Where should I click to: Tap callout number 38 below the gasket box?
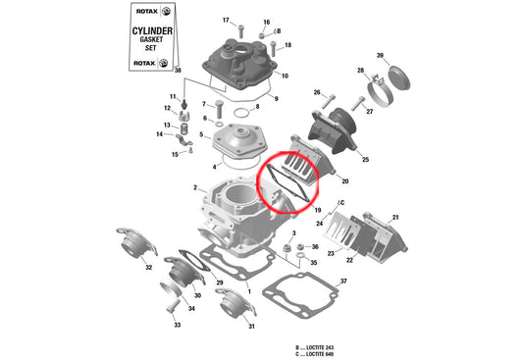pos(177,72)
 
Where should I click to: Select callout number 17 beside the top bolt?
pos(225,21)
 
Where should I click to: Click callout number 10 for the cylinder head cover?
pos(285,76)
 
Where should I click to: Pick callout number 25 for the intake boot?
pos(364,159)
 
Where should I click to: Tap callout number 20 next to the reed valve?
pos(344,181)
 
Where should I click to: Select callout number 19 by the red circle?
pos(317,210)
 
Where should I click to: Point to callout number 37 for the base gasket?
pos(342,282)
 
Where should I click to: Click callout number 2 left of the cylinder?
pos(194,187)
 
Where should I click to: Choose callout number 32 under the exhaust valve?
pos(148,267)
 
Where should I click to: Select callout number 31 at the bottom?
pos(251,327)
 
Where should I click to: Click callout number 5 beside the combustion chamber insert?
pos(200,135)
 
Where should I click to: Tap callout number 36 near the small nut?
pos(315,247)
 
